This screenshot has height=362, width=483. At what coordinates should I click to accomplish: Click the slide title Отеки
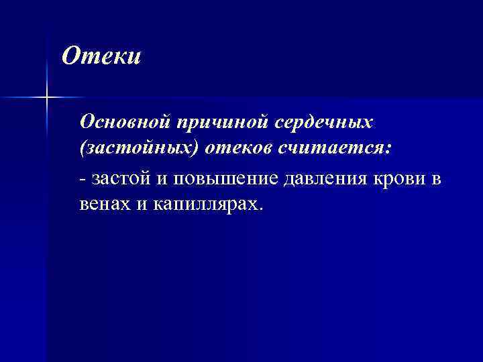point(101,56)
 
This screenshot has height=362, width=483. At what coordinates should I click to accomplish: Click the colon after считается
point(386,151)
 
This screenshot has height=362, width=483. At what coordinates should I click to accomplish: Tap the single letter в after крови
point(438,179)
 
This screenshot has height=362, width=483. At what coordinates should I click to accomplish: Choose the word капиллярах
point(205,204)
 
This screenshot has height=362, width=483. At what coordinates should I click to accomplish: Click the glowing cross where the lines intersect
point(47,98)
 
